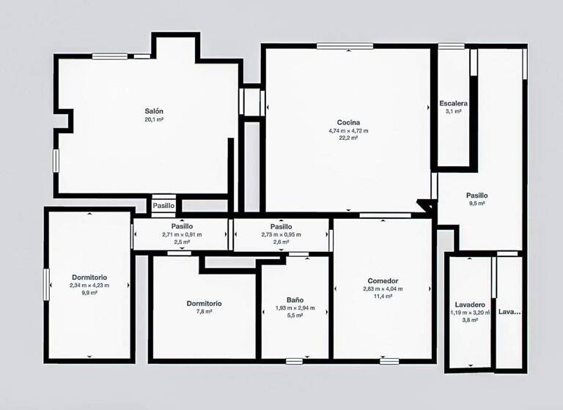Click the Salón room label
click(x=153, y=111)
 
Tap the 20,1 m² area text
click(x=153, y=119)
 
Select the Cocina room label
click(x=348, y=122)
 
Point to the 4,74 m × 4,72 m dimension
click(x=348, y=130)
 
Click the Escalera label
click(x=453, y=103)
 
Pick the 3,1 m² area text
click(x=453, y=112)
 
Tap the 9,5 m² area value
click(x=476, y=204)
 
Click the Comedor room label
click(x=383, y=280)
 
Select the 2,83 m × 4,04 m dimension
click(x=383, y=288)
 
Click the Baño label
click(x=294, y=300)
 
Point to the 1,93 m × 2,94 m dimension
click(x=294, y=308)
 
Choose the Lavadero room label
click(x=469, y=304)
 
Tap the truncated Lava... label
click(x=509, y=312)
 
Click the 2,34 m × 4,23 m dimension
click(x=89, y=285)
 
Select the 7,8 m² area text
click(x=205, y=311)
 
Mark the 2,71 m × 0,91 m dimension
click(x=182, y=234)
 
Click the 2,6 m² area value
click(x=281, y=242)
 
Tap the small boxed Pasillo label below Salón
click(x=163, y=206)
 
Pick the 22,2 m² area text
click(x=348, y=138)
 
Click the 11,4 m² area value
click(x=383, y=296)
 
